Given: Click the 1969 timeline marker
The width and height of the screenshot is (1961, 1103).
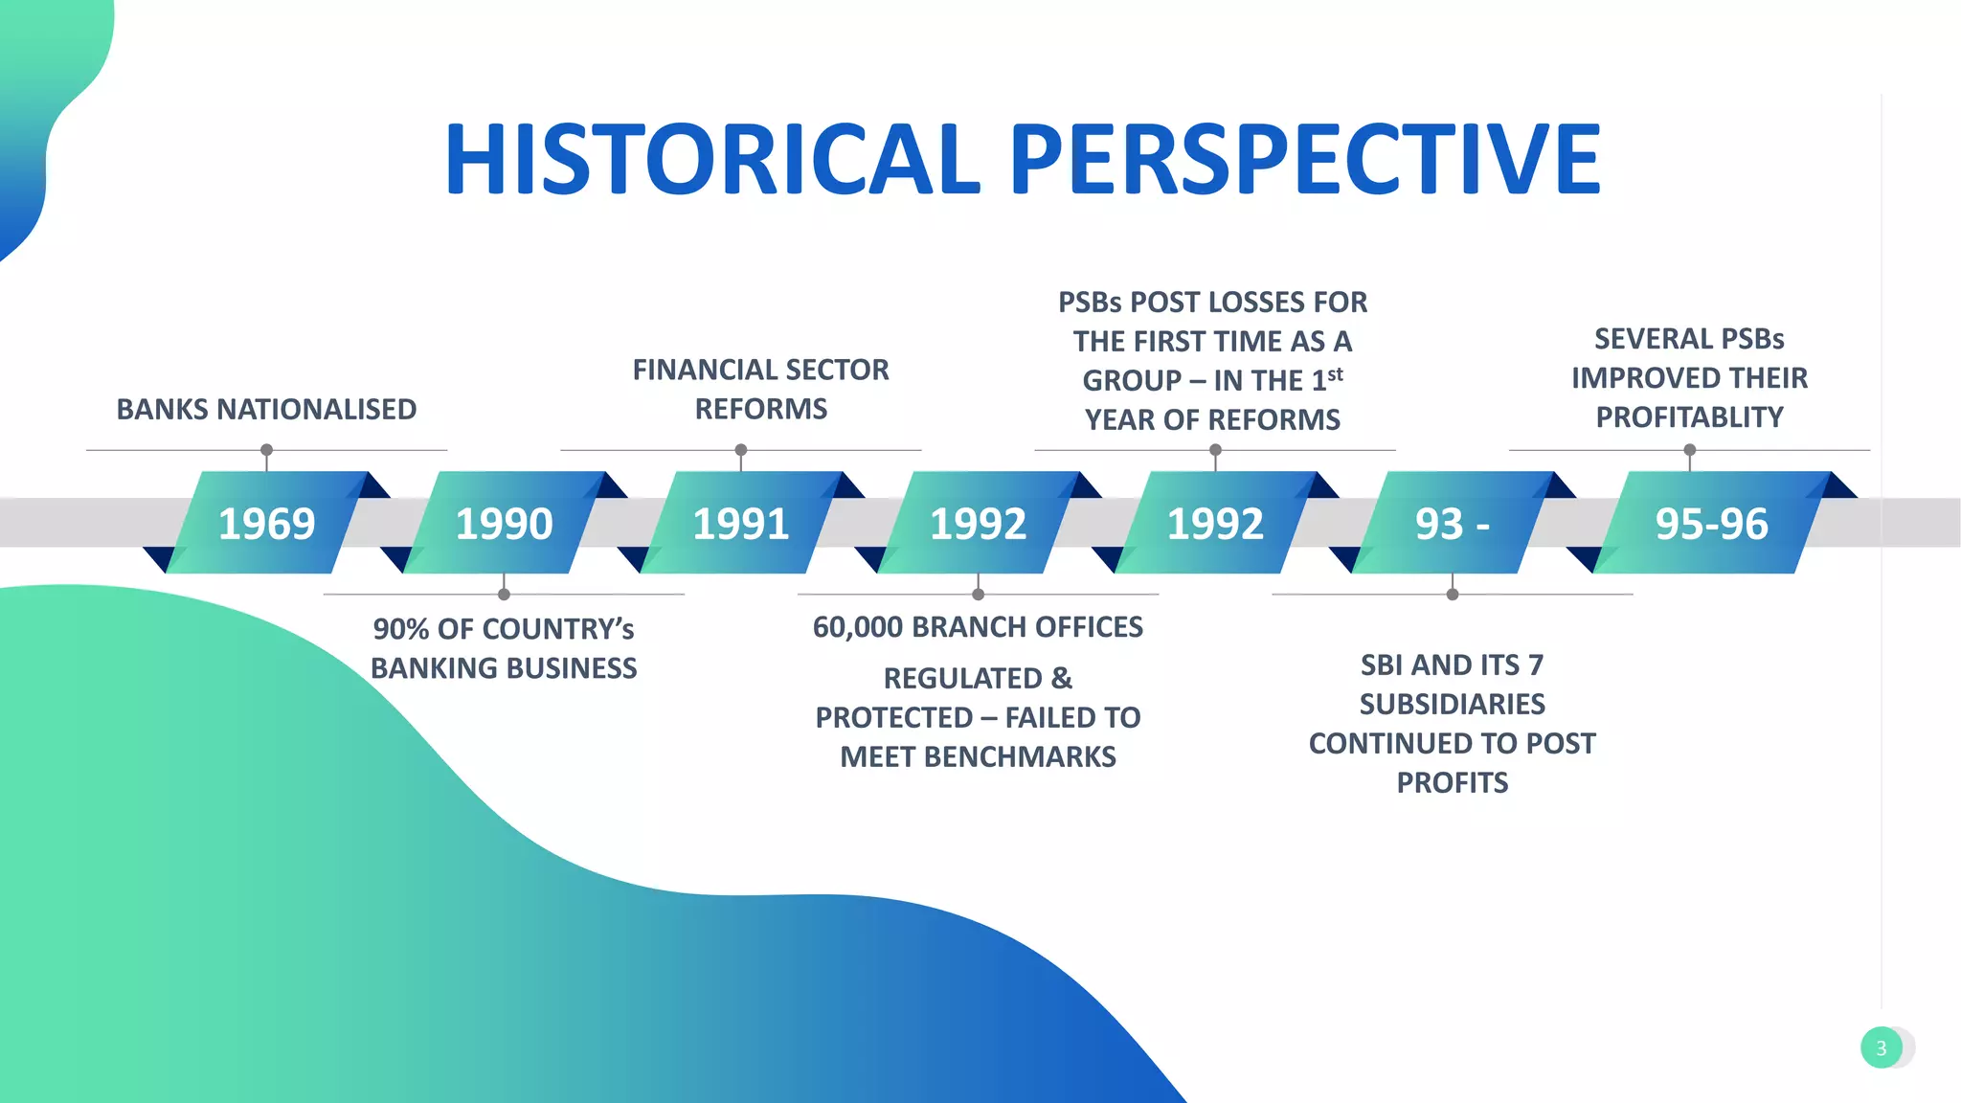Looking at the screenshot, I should point(266,523).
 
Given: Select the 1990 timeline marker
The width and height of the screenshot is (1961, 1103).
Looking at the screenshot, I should point(504,523).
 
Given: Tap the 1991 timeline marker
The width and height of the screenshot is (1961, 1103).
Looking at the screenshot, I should point(740,523).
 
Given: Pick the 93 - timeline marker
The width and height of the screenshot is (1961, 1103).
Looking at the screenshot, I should point(1452,523).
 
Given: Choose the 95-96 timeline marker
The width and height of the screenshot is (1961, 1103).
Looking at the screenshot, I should point(1711,523).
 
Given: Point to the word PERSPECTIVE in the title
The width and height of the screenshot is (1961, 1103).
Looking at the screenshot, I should point(1304,159).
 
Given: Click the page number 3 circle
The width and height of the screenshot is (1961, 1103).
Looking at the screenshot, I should point(1881,1047).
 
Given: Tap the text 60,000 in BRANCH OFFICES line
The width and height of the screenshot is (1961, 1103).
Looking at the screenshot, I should point(857,627).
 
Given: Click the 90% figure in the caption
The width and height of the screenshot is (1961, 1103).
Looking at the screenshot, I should point(400,629).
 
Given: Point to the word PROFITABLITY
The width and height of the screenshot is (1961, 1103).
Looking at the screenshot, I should point(1689,417).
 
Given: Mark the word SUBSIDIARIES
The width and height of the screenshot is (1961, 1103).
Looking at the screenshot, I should point(1452,705).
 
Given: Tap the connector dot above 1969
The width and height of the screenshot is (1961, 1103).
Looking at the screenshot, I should point(266,450).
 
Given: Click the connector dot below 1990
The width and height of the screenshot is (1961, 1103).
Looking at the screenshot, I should point(504,595).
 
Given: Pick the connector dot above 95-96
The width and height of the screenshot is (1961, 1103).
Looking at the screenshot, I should point(1689,450).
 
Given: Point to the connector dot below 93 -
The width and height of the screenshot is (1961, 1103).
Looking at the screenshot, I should point(1452,595).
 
